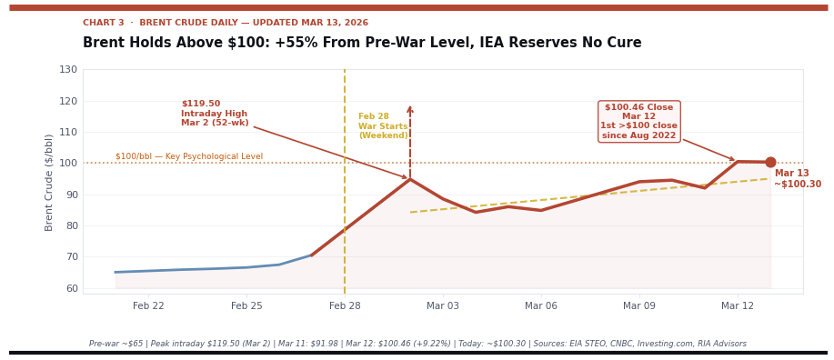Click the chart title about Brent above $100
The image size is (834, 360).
click(362, 43)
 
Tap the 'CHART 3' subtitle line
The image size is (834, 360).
click(226, 23)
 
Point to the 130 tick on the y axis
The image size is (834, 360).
click(68, 70)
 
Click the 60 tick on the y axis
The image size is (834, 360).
click(70, 288)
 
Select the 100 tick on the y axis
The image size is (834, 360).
click(68, 164)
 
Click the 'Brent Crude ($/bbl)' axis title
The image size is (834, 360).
click(50, 182)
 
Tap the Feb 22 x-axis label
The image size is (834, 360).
click(148, 306)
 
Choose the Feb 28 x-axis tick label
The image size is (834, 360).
click(345, 306)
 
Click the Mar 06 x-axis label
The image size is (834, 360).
click(541, 306)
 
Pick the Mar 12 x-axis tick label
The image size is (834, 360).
click(738, 306)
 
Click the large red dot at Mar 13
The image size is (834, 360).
click(770, 163)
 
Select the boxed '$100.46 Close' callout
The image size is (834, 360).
click(638, 122)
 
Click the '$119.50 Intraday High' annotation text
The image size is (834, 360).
click(215, 114)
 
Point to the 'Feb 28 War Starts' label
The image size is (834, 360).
click(383, 126)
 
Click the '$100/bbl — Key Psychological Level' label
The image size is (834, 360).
click(189, 156)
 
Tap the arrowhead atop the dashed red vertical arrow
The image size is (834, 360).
click(410, 110)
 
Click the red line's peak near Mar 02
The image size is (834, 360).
click(410, 179)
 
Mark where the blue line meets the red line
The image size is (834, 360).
click(312, 255)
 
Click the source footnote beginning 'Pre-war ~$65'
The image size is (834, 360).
click(417, 344)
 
